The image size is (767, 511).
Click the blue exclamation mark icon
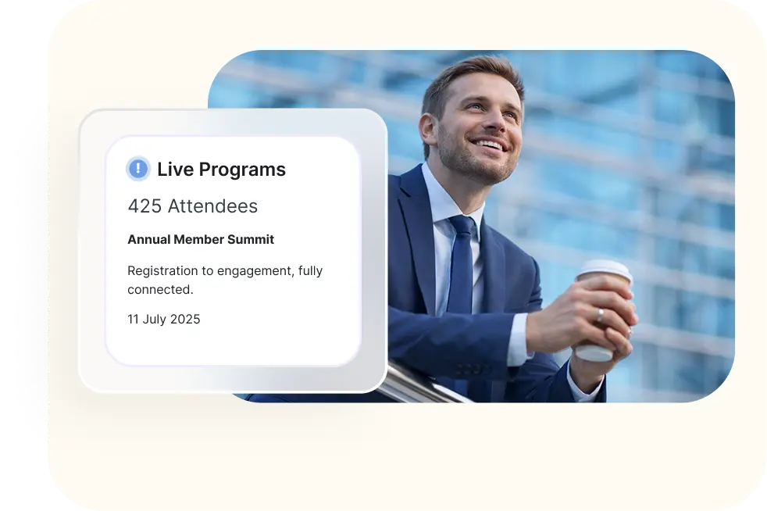pyautogui.click(x=138, y=169)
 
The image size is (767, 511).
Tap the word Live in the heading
pyautogui.click(x=175, y=170)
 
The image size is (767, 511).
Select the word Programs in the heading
pyautogui.click(x=242, y=170)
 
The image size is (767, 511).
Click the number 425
pyautogui.click(x=144, y=206)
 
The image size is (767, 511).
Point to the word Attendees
pyautogui.click(x=212, y=206)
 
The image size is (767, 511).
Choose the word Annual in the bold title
pyautogui.click(x=148, y=239)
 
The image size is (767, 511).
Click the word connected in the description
pyautogui.click(x=159, y=289)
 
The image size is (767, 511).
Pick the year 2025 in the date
pyautogui.click(x=185, y=319)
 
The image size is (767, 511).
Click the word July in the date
pyautogui.click(x=154, y=320)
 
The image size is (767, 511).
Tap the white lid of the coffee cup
pyautogui.click(x=604, y=270)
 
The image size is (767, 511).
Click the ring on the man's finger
pyautogui.click(x=600, y=315)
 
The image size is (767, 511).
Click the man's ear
pyautogui.click(x=428, y=130)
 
